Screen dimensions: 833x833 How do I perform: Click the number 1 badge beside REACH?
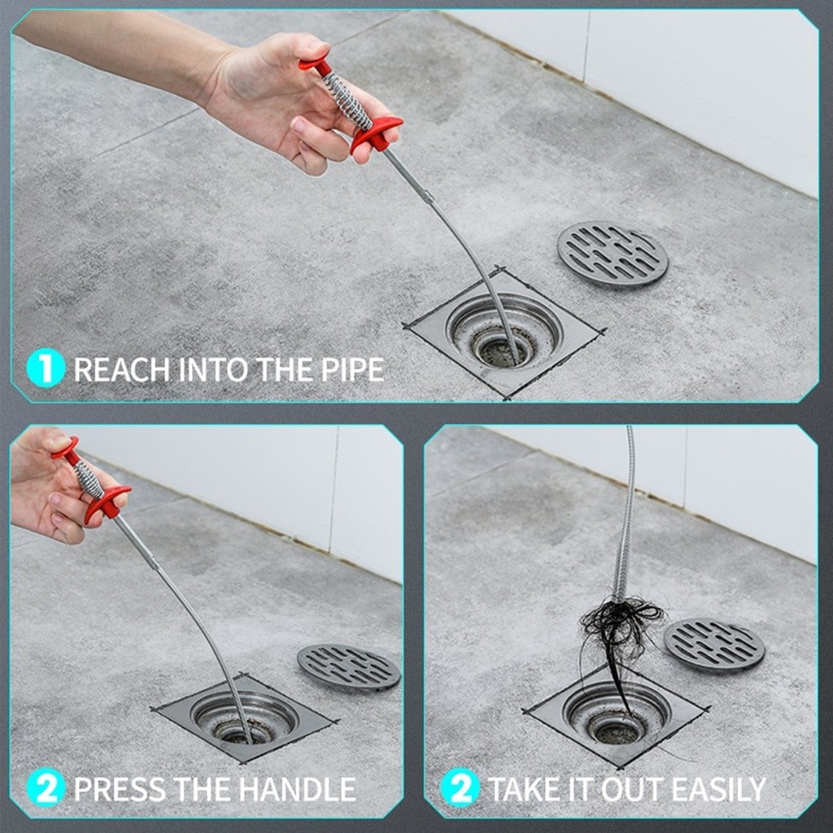click(46, 367)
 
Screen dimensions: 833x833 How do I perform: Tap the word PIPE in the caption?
click(352, 370)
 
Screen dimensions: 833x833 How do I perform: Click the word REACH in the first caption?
click(122, 370)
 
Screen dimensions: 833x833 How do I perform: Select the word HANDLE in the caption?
click(297, 789)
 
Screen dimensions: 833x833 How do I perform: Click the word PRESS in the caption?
click(120, 789)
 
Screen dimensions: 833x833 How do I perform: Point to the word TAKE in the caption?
click(524, 789)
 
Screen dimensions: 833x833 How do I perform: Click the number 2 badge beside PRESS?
click(46, 787)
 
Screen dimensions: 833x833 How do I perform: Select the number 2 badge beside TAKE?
click(460, 787)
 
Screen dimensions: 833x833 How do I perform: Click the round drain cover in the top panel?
click(613, 254)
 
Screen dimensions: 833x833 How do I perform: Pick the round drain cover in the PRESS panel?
click(349, 667)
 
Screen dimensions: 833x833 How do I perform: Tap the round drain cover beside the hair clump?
click(714, 644)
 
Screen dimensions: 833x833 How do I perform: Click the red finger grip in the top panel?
click(375, 133)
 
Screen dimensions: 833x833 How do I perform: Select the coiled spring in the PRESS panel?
click(89, 480)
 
